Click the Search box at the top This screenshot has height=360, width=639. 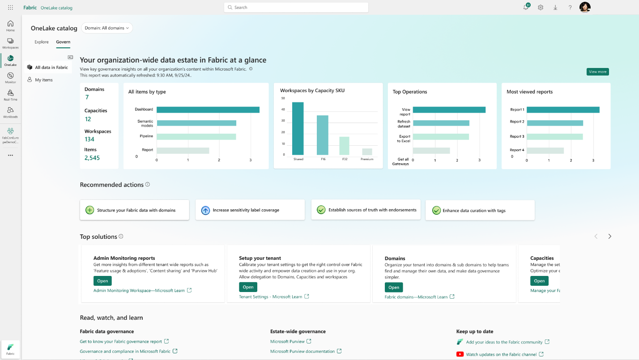(x=296, y=8)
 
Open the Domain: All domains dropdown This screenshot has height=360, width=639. (x=107, y=28)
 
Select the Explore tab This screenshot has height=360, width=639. (x=42, y=42)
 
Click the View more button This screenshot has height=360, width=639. (x=597, y=72)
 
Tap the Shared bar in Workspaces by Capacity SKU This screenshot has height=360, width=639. (x=298, y=128)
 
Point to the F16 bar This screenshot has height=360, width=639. (x=322, y=135)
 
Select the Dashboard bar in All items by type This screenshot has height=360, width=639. (x=208, y=110)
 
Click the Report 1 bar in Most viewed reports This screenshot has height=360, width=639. (x=562, y=110)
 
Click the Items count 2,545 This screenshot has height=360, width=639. (x=92, y=158)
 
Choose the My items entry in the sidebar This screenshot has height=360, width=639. (x=44, y=80)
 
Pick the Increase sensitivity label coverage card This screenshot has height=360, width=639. (x=250, y=210)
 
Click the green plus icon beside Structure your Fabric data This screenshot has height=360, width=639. (x=89, y=210)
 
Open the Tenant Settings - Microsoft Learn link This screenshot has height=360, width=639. (x=270, y=297)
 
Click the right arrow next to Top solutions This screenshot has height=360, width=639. (x=609, y=237)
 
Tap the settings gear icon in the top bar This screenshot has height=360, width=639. (x=541, y=8)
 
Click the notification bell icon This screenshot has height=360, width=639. (x=526, y=8)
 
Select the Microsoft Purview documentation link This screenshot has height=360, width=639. (x=302, y=352)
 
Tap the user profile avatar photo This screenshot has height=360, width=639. (x=585, y=7)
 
